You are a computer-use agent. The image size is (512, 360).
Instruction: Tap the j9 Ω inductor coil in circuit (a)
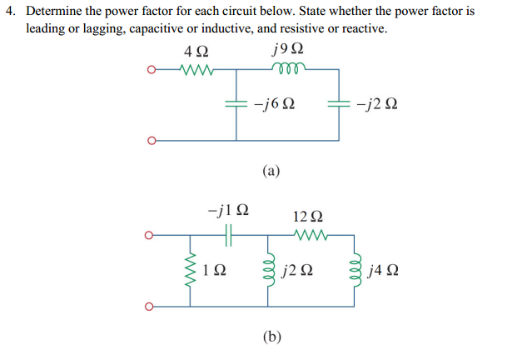pos(288,70)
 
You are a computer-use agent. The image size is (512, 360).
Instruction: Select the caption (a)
pos(271,172)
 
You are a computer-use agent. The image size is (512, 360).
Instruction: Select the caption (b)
pos(271,337)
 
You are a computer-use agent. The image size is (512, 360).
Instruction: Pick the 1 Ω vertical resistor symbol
pos(190,270)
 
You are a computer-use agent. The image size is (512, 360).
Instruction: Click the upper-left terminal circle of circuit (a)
pos(151,70)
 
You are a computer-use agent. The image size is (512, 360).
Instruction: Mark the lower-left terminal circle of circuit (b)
pos(151,305)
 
